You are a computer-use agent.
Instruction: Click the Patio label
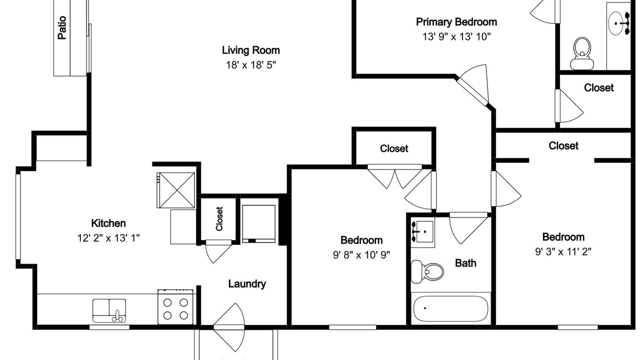[x=62, y=27]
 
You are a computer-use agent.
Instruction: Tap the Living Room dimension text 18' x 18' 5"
[x=251, y=65]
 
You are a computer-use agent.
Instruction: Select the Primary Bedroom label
[x=456, y=22]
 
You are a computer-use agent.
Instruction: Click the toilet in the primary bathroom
[x=582, y=53]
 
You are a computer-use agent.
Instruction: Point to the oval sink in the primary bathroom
[x=617, y=23]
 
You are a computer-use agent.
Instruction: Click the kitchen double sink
[x=109, y=311]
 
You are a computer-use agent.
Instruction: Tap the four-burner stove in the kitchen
[x=175, y=307]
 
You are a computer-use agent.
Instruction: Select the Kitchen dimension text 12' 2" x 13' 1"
[x=108, y=237]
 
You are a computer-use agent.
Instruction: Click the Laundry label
[x=247, y=283]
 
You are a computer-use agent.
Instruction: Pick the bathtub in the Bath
[x=450, y=308]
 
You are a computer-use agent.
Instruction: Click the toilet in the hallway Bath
[x=427, y=271]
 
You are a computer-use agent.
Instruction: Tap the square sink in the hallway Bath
[x=423, y=232]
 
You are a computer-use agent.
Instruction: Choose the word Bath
[x=465, y=263]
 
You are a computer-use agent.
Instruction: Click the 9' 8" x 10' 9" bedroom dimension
[x=361, y=254]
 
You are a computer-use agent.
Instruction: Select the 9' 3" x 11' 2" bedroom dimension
[x=563, y=251]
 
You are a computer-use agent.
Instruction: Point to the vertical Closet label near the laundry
[x=219, y=219]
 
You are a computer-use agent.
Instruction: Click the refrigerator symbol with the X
[x=175, y=190]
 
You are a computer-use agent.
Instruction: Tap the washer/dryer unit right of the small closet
[x=259, y=223]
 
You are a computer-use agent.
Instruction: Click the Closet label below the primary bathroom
[x=598, y=87]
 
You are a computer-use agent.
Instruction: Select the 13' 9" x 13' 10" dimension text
[x=456, y=37]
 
